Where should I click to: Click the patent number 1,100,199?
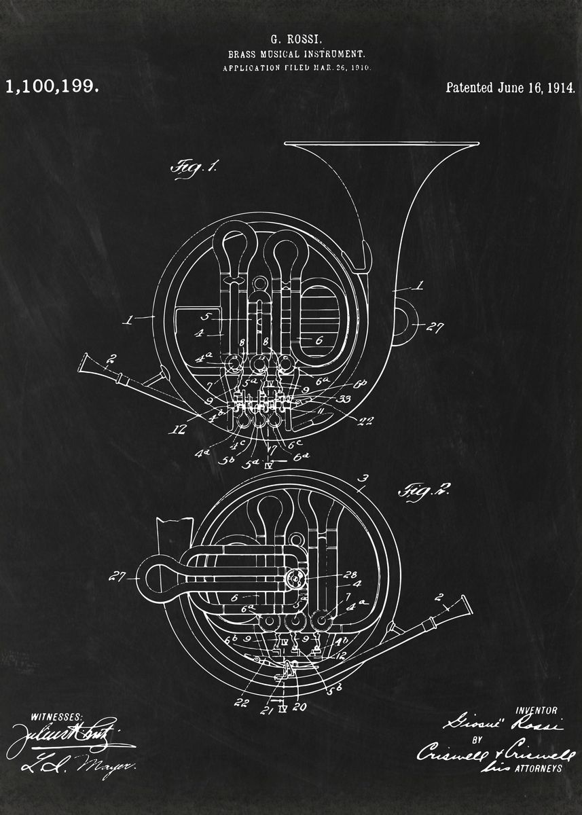tap(52, 87)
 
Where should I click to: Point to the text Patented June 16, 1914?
tap(510, 88)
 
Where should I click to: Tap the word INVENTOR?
tap(536, 710)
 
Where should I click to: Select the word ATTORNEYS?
tap(539, 768)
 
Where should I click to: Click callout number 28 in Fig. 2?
tap(350, 575)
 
